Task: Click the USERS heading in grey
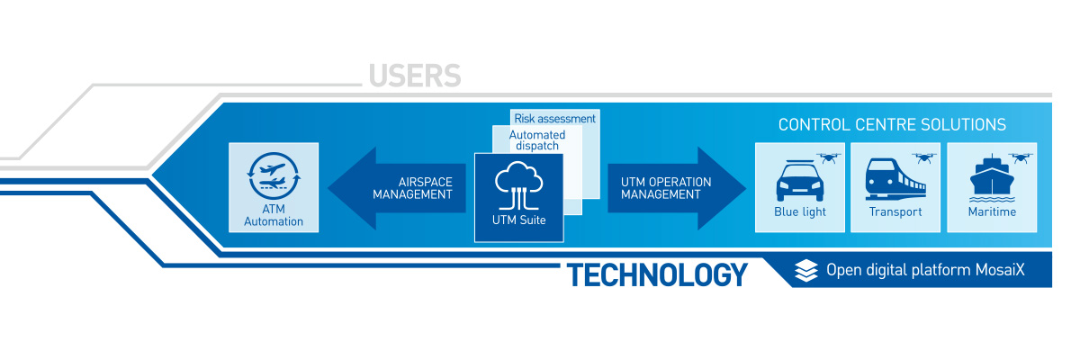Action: pos(414,76)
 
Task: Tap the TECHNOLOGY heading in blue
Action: pos(657,274)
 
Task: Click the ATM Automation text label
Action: pos(274,215)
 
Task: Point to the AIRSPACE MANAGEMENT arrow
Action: pos(396,188)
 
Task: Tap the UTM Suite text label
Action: pos(518,220)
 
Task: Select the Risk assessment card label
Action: pos(554,118)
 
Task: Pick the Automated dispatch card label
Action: pos(537,140)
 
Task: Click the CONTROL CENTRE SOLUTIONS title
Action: pos(892,125)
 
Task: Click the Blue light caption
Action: pos(799,212)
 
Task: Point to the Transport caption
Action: pos(895,212)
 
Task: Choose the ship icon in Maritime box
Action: pos(992,181)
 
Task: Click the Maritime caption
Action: pos(993,212)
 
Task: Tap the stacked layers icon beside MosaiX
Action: pos(807,270)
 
